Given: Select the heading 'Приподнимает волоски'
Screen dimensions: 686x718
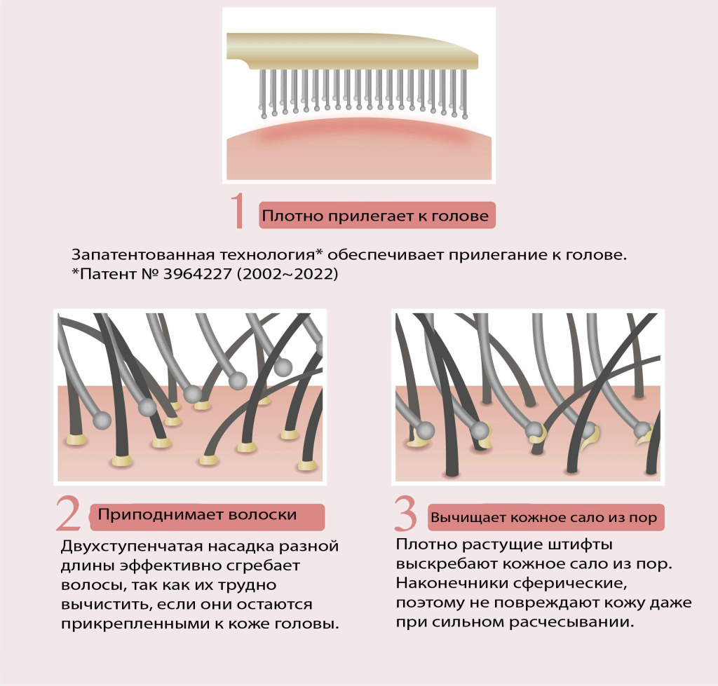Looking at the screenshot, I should pyautogui.click(x=198, y=515).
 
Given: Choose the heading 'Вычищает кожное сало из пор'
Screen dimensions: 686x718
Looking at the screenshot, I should pyautogui.click(x=544, y=519).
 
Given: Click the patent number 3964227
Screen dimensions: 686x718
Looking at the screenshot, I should pyautogui.click(x=188, y=275).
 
